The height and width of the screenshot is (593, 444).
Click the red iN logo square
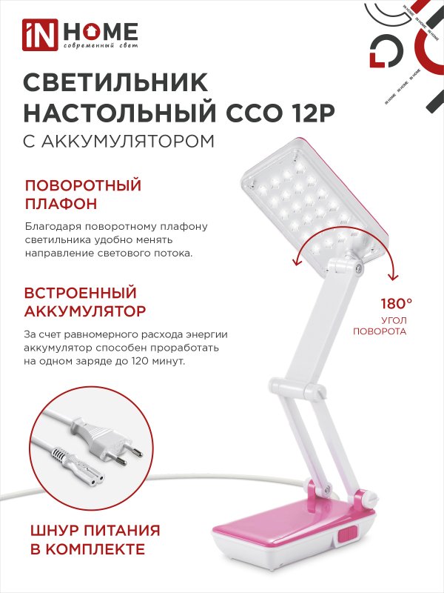coord(38,35)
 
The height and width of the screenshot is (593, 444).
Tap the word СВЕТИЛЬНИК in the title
coord(117,80)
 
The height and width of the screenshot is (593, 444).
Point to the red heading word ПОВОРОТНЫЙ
coord(83,185)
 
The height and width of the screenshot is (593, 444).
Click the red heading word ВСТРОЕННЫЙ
coord(81,292)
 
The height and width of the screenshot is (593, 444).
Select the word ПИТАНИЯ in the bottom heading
coord(124,531)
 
